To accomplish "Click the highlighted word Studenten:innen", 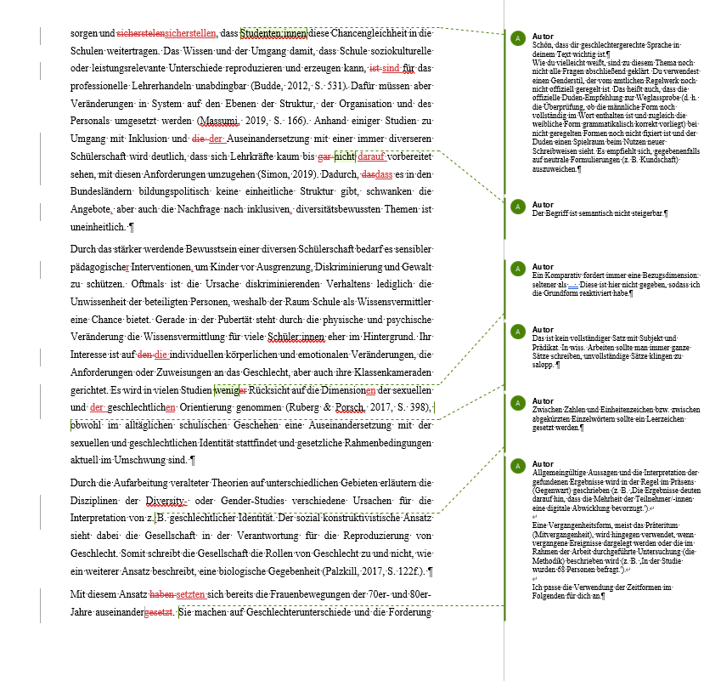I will (x=273, y=34).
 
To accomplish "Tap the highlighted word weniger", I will (x=230, y=390).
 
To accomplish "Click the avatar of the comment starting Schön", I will (x=516, y=38).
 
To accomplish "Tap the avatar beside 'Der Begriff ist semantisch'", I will (x=516, y=207).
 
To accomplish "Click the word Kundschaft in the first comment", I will (x=661, y=159).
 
